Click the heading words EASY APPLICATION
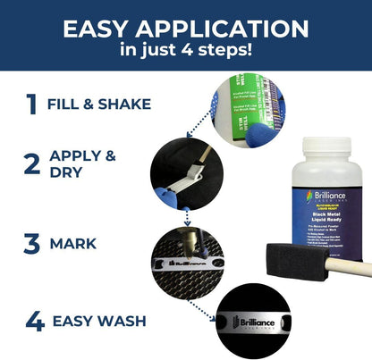point(186,29)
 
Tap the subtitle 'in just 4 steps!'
point(186,51)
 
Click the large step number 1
point(32,105)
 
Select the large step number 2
point(32,163)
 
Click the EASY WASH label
point(98,320)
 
